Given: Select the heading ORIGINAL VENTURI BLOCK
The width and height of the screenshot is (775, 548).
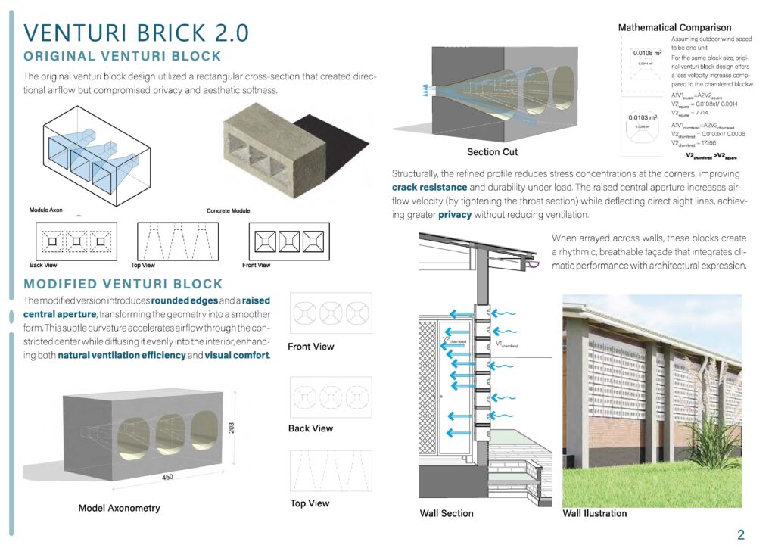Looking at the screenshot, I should tap(123, 56).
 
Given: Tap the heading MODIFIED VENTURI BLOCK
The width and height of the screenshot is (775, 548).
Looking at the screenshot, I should tap(123, 284).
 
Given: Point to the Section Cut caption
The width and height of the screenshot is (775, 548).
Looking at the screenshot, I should tap(492, 152).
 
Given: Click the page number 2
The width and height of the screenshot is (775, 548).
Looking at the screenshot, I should tap(741, 535).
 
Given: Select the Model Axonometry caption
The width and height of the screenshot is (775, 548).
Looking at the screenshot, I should tap(120, 508).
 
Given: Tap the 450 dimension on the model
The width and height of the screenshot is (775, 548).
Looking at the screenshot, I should tap(169, 478).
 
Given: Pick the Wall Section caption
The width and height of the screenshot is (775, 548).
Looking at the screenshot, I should tap(447, 513).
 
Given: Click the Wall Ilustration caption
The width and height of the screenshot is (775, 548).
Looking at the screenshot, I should tap(595, 513).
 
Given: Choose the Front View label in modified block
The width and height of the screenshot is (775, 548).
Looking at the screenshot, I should tap(311, 347).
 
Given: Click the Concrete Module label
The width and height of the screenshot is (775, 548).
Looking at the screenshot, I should tap(228, 210).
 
